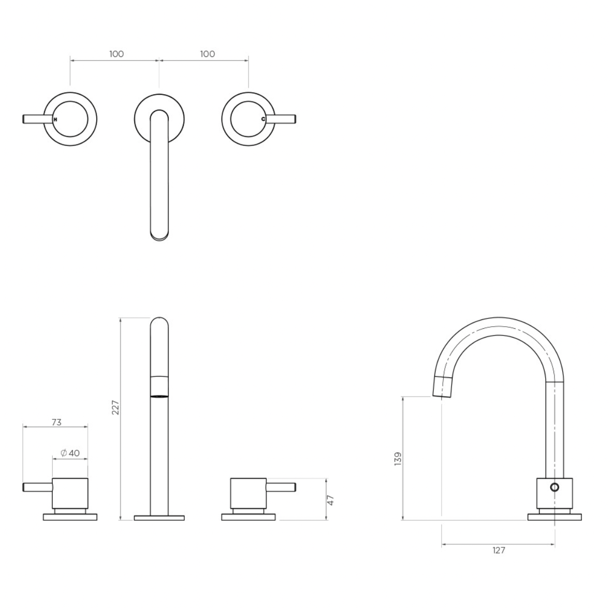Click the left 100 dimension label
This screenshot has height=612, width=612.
click(116, 54)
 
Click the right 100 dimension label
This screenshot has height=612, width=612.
click(208, 54)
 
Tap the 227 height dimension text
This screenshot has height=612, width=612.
click(115, 407)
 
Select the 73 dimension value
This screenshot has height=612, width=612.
click(56, 422)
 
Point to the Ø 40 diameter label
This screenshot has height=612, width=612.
click(70, 453)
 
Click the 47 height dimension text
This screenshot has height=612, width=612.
click(330, 500)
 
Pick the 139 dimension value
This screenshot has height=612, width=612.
click(398, 459)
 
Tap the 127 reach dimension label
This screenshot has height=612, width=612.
click(499, 550)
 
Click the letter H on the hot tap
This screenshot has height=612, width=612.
click(55, 120)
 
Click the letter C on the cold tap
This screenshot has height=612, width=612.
click(263, 119)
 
